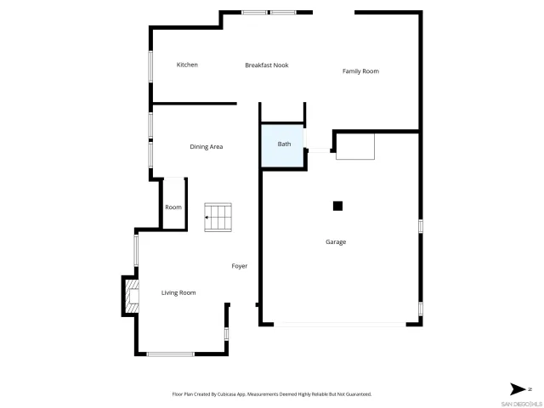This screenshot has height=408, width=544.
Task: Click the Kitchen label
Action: point(187,65)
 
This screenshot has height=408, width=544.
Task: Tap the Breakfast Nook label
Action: point(266,65)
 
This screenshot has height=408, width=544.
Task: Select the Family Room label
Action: point(360,71)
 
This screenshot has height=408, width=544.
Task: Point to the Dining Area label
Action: point(206,147)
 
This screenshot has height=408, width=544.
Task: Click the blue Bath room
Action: point(284,145)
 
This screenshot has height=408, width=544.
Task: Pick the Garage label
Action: point(336,241)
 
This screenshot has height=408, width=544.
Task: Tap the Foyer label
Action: point(240,266)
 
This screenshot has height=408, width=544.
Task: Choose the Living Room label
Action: point(178,292)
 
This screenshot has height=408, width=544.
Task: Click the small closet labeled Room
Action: point(173,207)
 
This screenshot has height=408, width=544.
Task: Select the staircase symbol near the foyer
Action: point(218,217)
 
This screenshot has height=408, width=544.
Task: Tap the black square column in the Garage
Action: point(337,205)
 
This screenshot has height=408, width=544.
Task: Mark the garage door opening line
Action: point(340,324)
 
